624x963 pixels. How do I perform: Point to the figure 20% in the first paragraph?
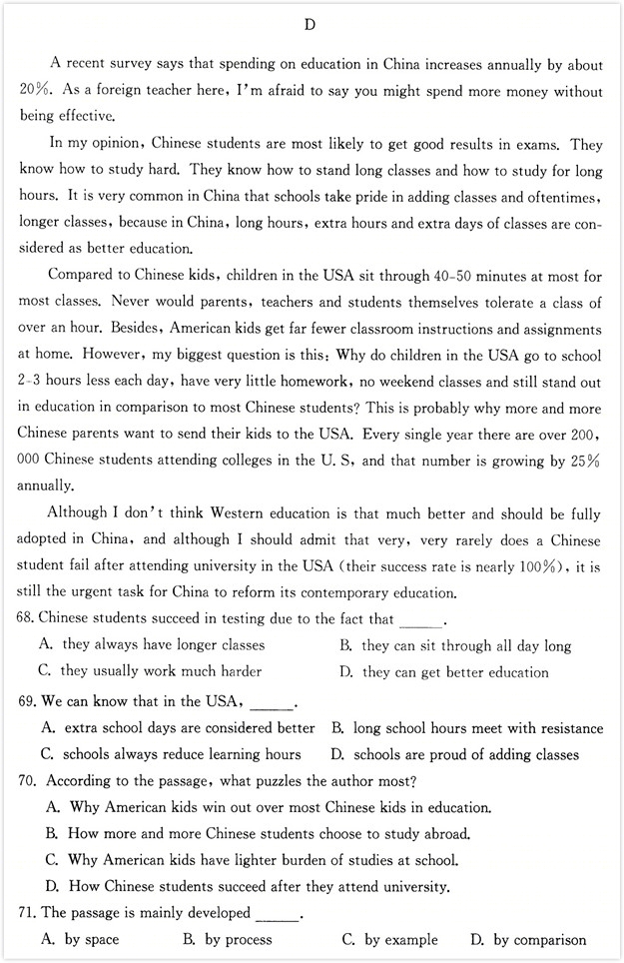coord(35,91)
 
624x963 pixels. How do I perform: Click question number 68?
coord(27,619)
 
